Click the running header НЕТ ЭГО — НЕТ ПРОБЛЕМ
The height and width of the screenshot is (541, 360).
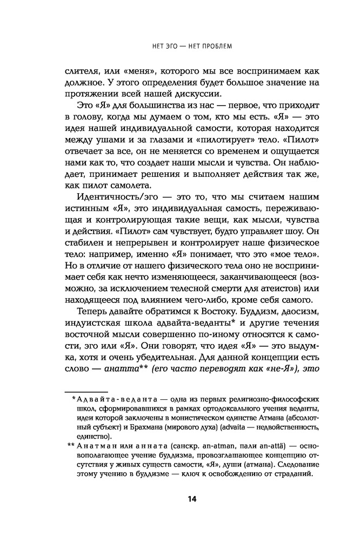pyautogui.click(x=191, y=45)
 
